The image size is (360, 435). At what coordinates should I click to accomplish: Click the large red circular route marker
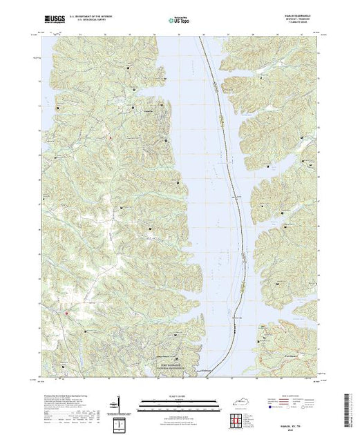(x=67, y=314)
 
